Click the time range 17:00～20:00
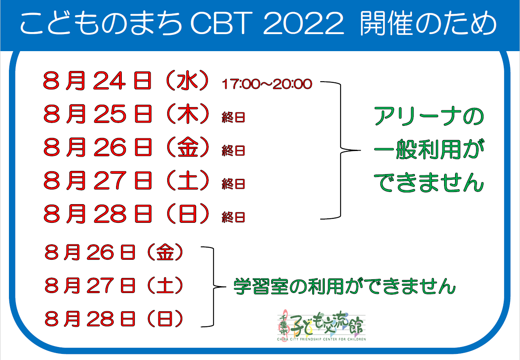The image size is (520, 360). (x=267, y=84)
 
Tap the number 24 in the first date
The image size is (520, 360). (x=109, y=81)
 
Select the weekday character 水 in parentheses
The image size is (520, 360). (x=187, y=80)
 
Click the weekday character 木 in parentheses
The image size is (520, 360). (x=188, y=114)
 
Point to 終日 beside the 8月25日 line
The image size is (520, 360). (x=233, y=117)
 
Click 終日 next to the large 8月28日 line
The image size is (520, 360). (x=233, y=217)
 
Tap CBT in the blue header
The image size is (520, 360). (x=221, y=23)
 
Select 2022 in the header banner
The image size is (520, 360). (x=303, y=23)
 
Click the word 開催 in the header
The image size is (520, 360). (x=387, y=23)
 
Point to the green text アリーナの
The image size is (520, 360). (x=429, y=116)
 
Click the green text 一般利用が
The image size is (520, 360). (x=429, y=150)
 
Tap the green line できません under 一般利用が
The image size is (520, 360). (x=429, y=183)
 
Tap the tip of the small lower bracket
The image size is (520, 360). (x=226, y=287)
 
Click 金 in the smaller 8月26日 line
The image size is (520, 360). (x=165, y=252)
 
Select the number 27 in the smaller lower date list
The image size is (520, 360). (x=100, y=285)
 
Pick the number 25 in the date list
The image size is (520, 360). (x=110, y=114)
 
